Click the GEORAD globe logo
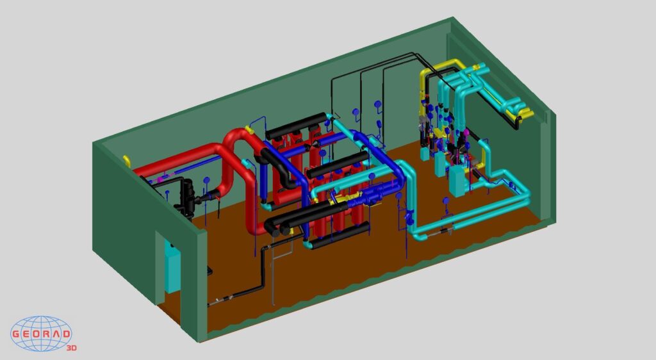coord(41,333)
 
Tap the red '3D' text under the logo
coord(72,348)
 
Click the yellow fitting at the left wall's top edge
coord(127,161)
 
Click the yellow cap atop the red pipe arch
coord(250,131)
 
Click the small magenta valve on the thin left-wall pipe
coord(160,179)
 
